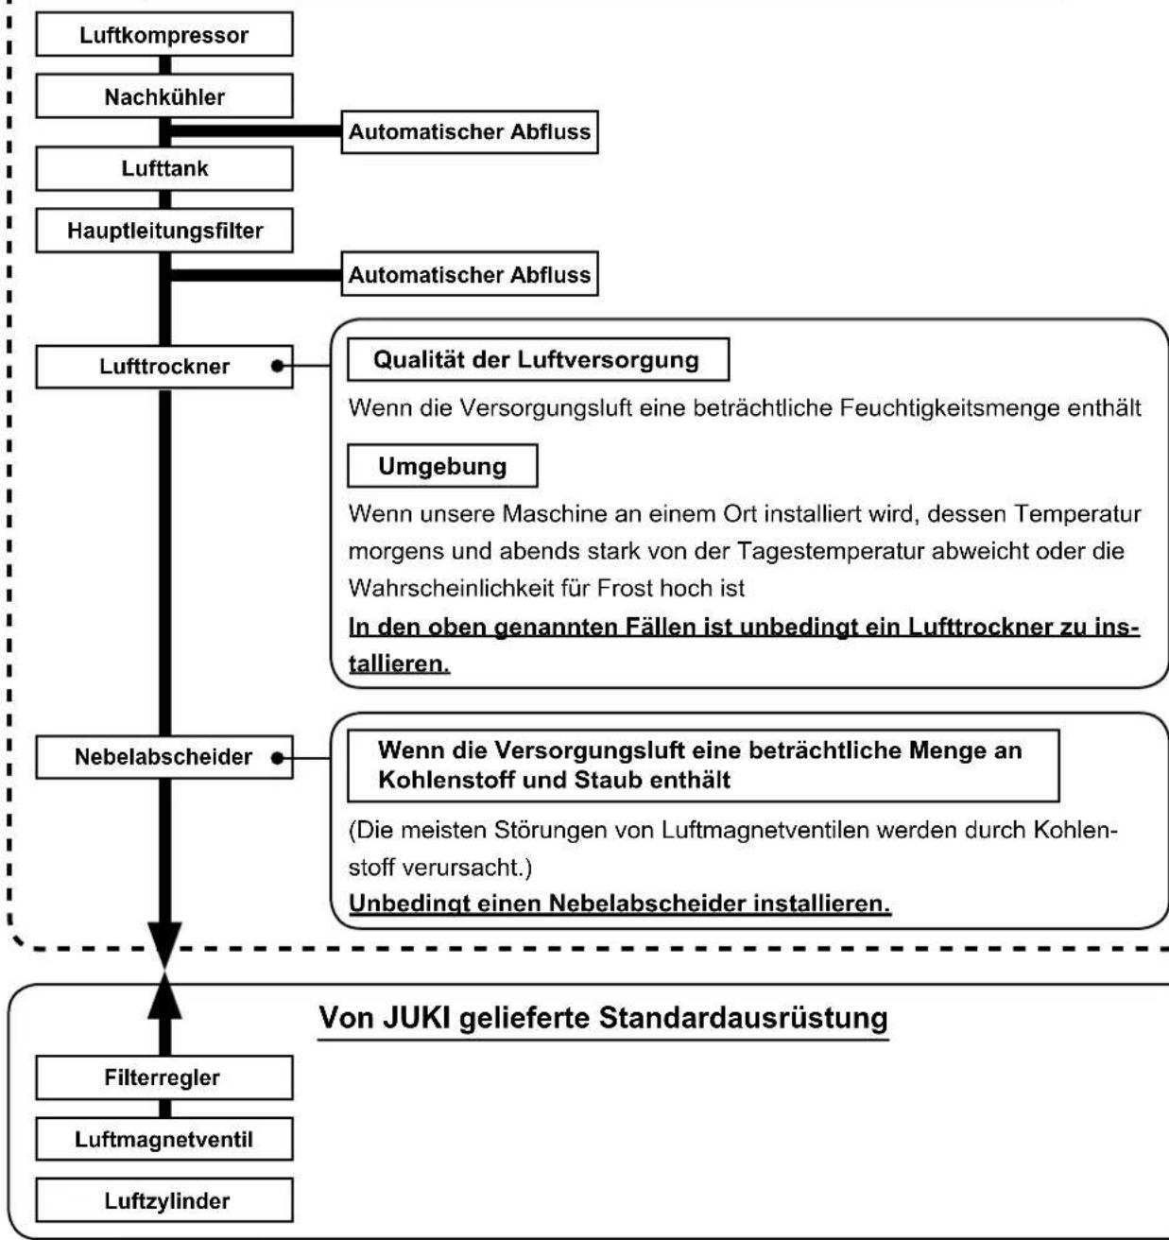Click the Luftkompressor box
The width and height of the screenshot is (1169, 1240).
(164, 34)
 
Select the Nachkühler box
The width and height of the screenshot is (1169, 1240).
(164, 96)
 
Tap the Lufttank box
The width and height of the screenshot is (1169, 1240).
(164, 168)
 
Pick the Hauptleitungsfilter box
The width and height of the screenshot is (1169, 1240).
(164, 231)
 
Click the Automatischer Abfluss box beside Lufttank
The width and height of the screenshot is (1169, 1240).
(470, 131)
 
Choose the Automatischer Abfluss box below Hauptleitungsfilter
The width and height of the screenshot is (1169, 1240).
(470, 274)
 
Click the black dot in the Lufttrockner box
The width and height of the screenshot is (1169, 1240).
(278, 366)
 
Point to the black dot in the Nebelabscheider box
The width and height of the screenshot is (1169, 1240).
(278, 758)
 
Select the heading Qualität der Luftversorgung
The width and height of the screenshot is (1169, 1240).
(536, 360)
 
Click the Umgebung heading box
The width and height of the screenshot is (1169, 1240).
(443, 466)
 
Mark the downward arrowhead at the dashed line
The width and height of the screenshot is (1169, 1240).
(164, 945)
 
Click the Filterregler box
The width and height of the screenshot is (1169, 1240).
(164, 1077)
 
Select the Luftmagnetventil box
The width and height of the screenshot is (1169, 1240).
(164, 1140)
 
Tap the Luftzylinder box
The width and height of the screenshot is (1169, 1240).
(164, 1200)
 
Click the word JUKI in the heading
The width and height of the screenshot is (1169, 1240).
(416, 1018)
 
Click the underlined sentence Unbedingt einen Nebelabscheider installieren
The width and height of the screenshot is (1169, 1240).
(620, 904)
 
